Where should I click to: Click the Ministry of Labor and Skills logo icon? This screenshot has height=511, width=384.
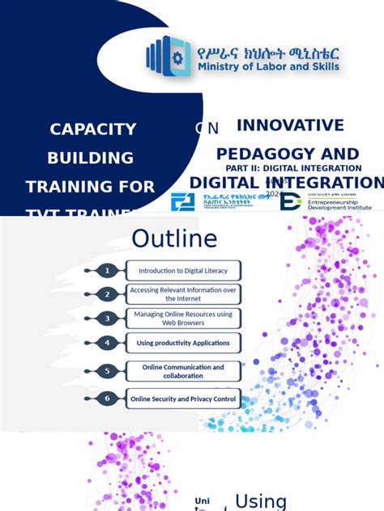(x=167, y=56)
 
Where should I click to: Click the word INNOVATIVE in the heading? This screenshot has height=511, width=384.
(x=290, y=125)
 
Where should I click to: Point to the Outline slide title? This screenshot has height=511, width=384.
(x=174, y=239)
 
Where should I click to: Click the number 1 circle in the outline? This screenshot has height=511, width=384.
(x=107, y=270)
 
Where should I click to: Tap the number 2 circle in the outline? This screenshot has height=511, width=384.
(x=107, y=294)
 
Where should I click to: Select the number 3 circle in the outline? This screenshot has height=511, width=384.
(x=107, y=319)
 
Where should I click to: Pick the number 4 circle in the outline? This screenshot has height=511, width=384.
(x=107, y=343)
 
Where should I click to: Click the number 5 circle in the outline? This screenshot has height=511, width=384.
(x=107, y=371)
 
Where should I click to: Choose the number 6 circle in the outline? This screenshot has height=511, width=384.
(x=107, y=398)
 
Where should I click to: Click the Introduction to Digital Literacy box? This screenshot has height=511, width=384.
(x=183, y=271)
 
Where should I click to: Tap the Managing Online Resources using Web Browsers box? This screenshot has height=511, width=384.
(x=183, y=319)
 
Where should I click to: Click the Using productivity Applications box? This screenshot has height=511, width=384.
(x=183, y=343)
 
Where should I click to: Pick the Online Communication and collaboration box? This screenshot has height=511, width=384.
(x=183, y=371)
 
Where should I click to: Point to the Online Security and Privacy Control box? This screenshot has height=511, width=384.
(x=183, y=399)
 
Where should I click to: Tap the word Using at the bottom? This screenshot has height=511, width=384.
(x=261, y=501)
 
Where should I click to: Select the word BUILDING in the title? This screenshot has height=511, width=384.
(x=91, y=158)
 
